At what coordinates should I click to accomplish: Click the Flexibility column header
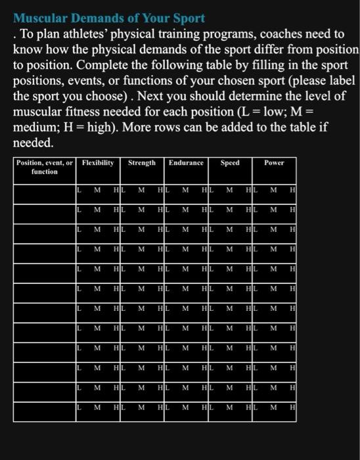98,163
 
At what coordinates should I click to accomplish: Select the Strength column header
142,163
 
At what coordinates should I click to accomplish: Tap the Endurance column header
186,163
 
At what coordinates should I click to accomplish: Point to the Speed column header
230,163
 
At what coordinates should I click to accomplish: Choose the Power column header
274,163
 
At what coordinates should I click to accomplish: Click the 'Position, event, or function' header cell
45,167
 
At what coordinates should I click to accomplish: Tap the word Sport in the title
189,18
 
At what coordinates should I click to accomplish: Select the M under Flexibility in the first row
97,191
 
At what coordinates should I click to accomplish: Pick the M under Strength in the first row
141,191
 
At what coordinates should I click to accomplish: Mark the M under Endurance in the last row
185,408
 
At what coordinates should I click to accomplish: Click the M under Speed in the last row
229,408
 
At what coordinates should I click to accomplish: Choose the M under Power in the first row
273,191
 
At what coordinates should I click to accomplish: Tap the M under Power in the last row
273,408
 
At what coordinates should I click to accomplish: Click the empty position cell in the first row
45,191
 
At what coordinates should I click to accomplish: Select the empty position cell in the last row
45,408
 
